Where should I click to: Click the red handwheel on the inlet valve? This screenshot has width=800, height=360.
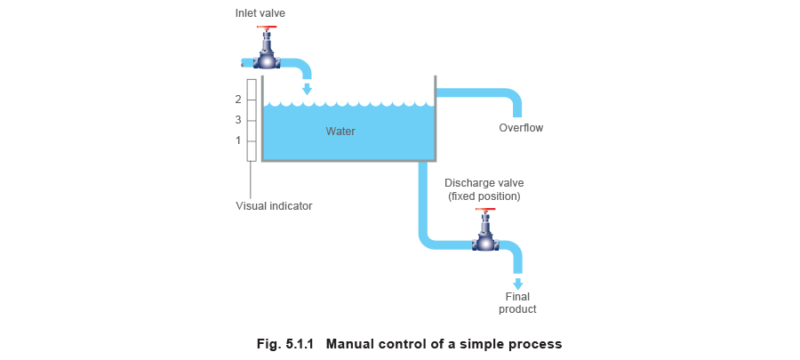[x=266, y=28]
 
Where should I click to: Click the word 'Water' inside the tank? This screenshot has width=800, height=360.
[x=340, y=132]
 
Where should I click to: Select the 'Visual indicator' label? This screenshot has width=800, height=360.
[x=273, y=206]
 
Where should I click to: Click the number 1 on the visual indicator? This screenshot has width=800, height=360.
[x=238, y=139]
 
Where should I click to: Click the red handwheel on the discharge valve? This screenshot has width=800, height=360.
[x=485, y=212]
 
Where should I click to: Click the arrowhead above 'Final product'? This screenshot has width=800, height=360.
[x=516, y=284]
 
